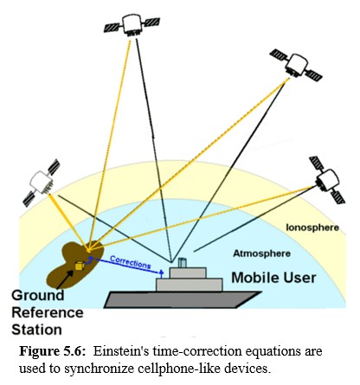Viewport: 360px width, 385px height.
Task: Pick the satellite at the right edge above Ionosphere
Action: pos(327,176)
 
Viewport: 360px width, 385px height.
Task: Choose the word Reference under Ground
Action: pos(48,312)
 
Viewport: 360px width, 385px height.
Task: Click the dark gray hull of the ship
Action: pos(182,299)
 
